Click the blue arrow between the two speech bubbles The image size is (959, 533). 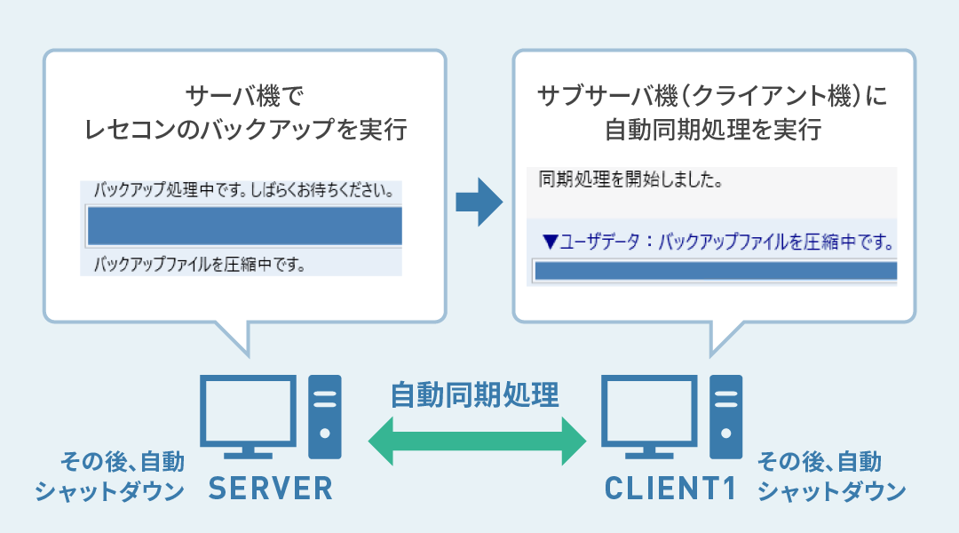click(479, 202)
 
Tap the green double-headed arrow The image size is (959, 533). click(477, 441)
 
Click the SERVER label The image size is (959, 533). click(271, 489)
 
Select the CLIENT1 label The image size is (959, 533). click(670, 489)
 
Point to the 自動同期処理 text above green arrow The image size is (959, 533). click(474, 394)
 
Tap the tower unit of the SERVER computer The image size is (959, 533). click(325, 417)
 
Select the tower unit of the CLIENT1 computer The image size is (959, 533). click(726, 417)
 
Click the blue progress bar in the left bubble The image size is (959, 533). click(245, 226)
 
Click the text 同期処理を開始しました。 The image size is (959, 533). click(630, 179)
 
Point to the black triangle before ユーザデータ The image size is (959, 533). click(551, 243)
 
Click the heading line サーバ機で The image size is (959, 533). click(245, 95)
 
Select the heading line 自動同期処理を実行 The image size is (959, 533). click(713, 129)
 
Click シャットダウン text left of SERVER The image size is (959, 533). click(109, 490)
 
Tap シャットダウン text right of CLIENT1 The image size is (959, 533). click(832, 490)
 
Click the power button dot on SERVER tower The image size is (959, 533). click(325, 434)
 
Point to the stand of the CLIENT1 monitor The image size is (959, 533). click(649, 452)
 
